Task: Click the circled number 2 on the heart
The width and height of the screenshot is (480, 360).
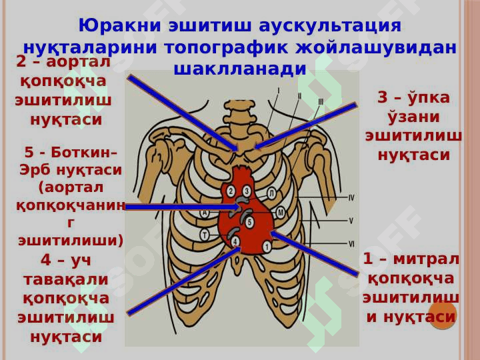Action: [x=231, y=191]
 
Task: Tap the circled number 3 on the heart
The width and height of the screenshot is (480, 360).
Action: [x=247, y=191]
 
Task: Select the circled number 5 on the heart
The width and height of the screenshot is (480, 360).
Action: [x=249, y=222]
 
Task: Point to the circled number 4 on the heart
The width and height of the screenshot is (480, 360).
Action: [x=235, y=241]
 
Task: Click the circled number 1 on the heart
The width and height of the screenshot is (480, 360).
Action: [x=267, y=247]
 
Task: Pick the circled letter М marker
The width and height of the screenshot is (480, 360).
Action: [x=280, y=213]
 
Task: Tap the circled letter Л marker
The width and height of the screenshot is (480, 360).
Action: [x=271, y=193]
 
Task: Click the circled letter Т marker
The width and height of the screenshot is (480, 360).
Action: [x=205, y=235]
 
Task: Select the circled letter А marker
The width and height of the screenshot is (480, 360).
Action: [x=205, y=213]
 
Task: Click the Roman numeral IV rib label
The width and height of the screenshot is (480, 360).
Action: [x=351, y=198]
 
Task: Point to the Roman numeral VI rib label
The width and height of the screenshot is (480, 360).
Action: [x=351, y=244]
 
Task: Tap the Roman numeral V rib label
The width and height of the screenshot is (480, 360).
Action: [x=351, y=221]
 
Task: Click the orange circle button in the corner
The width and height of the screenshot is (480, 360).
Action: [x=443, y=315]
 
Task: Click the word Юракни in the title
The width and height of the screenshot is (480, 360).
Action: [x=120, y=26]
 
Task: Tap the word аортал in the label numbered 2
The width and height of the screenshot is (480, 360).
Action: [x=78, y=62]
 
